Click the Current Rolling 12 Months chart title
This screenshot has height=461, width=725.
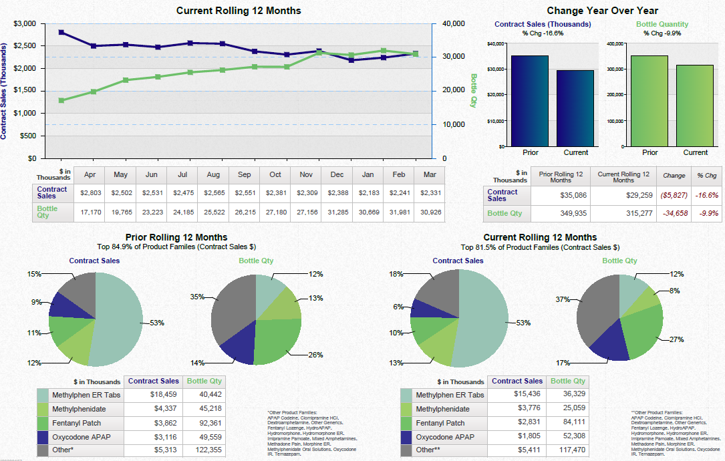pos(239,11)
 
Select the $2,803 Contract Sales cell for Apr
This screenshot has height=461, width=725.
pos(90,192)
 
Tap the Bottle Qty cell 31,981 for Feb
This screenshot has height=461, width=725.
pos(399,212)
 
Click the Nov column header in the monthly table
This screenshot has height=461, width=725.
pos(306,174)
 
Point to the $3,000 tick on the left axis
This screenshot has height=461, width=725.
pos(25,23)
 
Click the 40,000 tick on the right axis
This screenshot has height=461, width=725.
pos(453,23)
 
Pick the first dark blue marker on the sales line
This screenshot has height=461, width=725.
pos(61,32)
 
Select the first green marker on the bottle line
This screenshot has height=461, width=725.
pos(61,100)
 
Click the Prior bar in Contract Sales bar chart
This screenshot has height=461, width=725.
pos(529,100)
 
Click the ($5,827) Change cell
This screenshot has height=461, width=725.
pos(674,195)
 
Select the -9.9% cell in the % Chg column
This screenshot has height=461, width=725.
pos(707,213)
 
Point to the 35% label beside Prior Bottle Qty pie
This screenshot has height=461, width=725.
pos(197,297)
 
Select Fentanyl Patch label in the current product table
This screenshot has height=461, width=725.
pos(440,423)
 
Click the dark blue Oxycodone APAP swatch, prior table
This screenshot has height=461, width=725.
pos(43,437)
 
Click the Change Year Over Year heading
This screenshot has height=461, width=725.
pos(602,11)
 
